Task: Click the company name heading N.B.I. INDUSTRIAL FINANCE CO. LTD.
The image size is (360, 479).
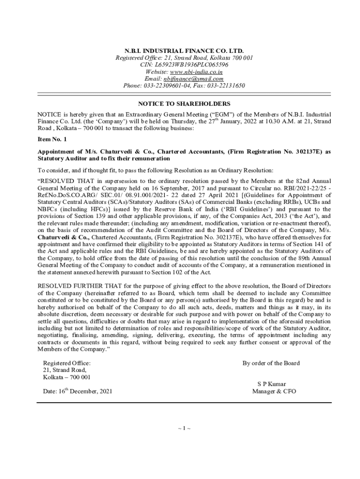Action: pyautogui.click(x=184, y=51)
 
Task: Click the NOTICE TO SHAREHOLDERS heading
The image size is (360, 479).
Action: pyautogui.click(x=184, y=103)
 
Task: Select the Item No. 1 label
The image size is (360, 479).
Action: pyautogui.click(x=52, y=139)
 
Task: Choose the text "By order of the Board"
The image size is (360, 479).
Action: pyautogui.click(x=271, y=363)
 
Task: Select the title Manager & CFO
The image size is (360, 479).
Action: pyautogui.click(x=274, y=392)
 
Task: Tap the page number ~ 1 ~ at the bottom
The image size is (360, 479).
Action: pyautogui.click(x=184, y=428)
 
